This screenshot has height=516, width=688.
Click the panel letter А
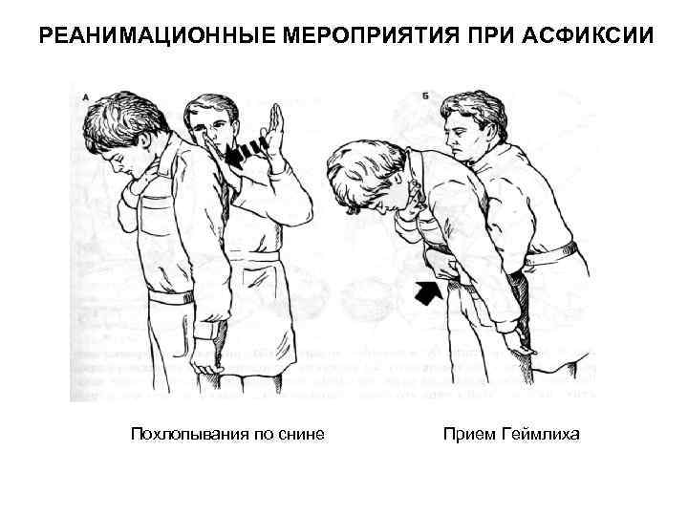[x=87, y=97]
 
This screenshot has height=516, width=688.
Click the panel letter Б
[x=424, y=97]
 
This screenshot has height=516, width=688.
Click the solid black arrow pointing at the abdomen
[x=429, y=290]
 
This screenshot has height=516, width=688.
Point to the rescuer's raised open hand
[x=280, y=135]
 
